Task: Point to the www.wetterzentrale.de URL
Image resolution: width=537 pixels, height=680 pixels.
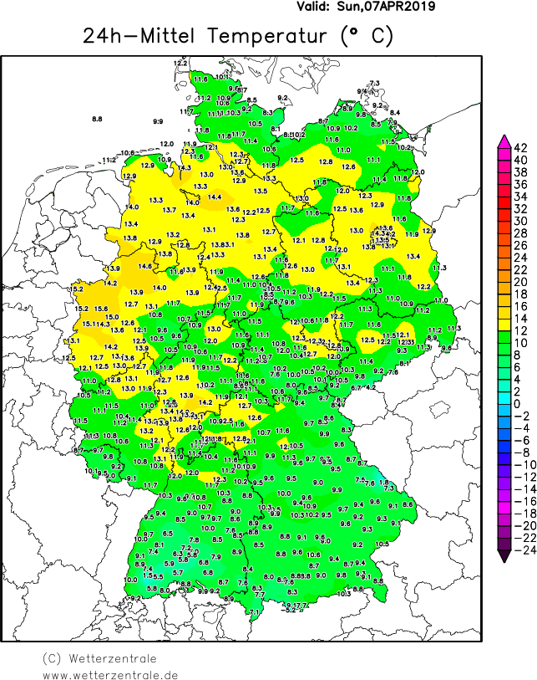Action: (x=110, y=674)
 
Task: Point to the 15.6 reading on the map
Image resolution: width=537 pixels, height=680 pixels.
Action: (x=101, y=309)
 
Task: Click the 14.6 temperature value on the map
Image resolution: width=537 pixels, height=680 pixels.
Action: (x=145, y=267)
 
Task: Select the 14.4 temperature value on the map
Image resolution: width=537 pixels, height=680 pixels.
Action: (x=215, y=197)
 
